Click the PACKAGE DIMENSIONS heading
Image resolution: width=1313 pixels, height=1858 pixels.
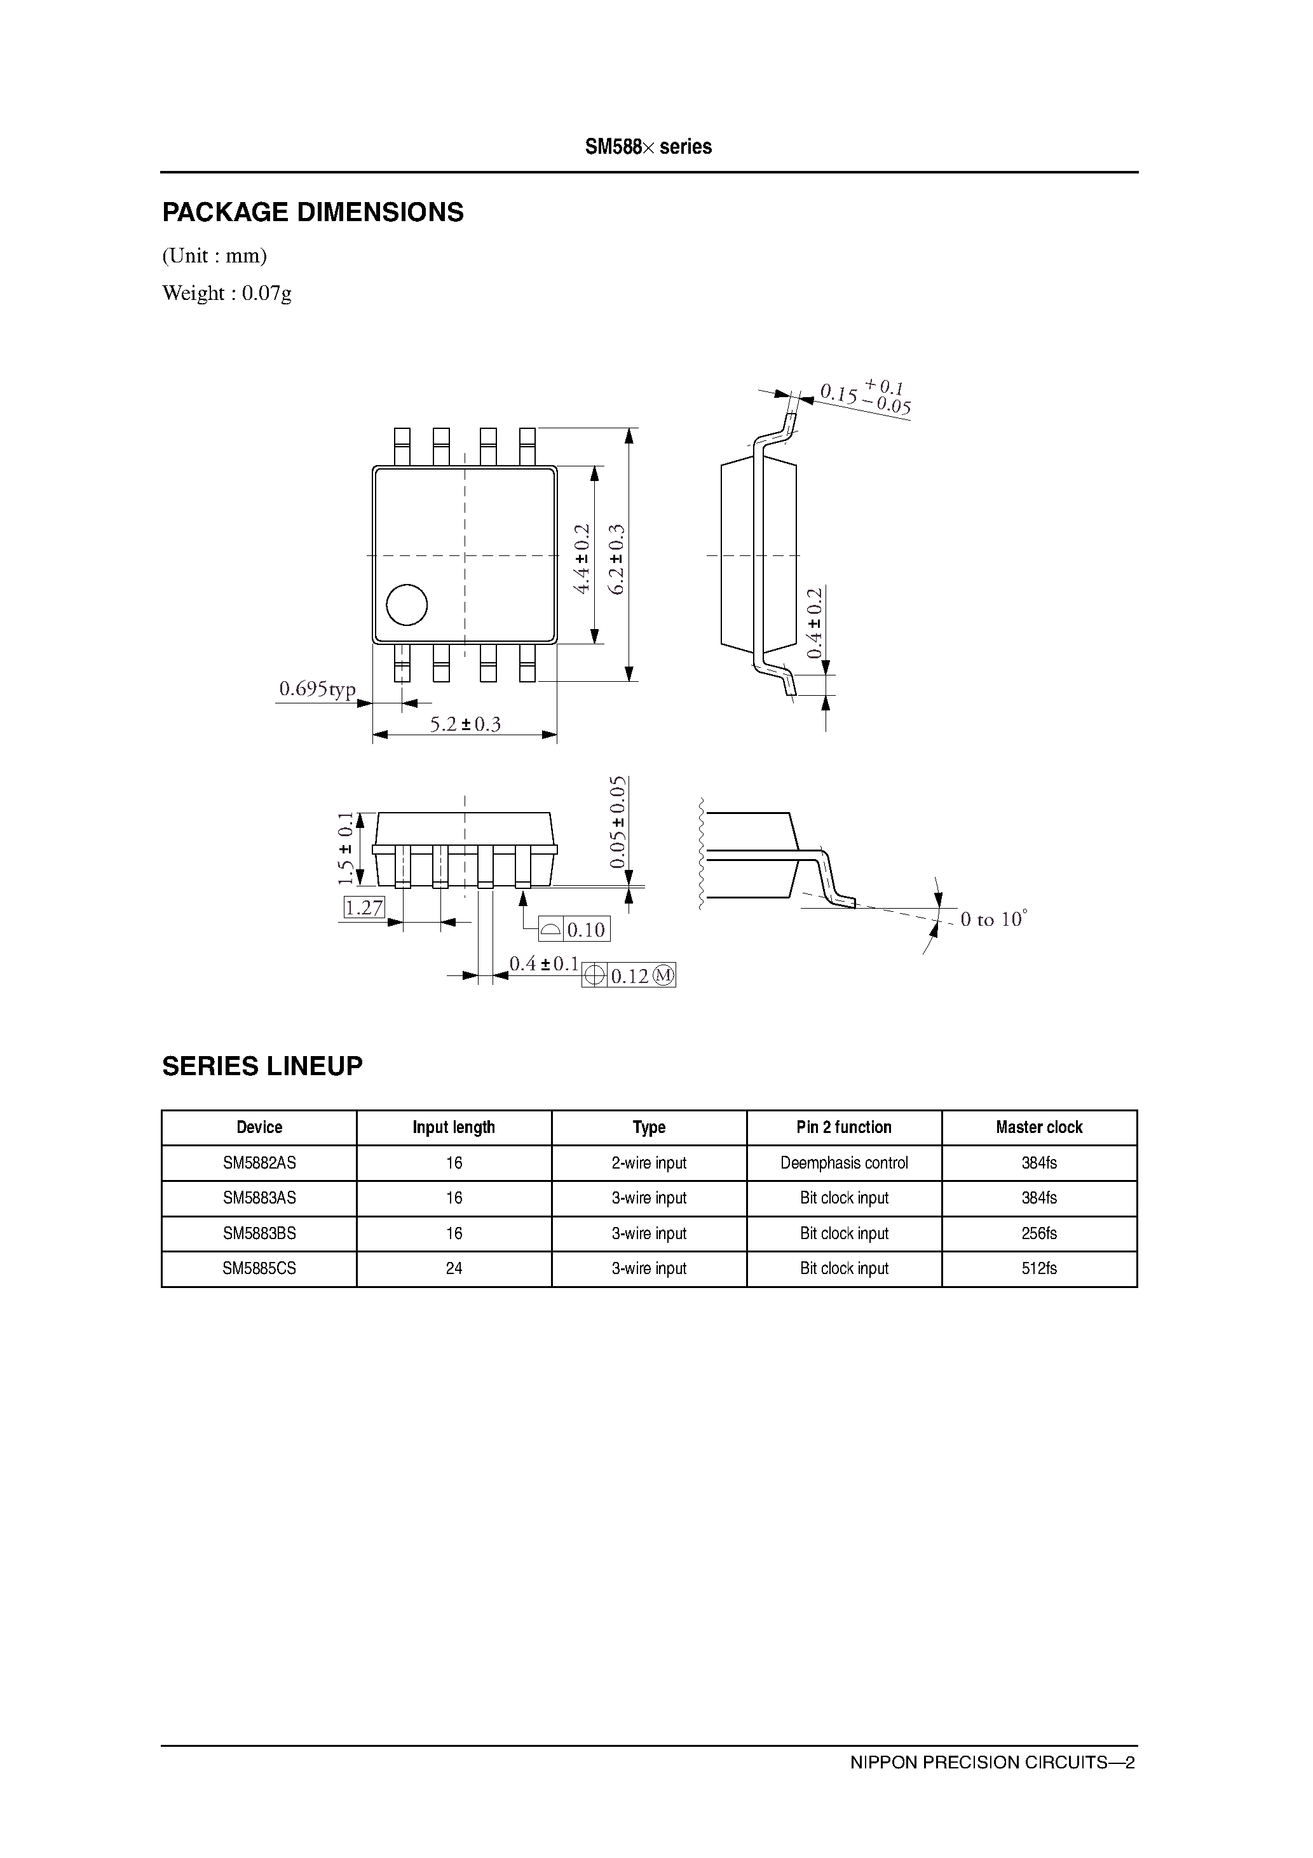pos(313,212)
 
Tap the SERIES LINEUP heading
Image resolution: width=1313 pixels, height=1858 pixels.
pos(262,1066)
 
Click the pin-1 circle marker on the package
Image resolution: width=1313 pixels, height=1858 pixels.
pos(406,604)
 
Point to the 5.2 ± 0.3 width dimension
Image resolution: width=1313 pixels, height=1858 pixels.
pos(465,724)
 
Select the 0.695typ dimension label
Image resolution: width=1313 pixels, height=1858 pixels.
pos(317,689)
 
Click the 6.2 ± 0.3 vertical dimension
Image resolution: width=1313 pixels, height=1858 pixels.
pos(617,559)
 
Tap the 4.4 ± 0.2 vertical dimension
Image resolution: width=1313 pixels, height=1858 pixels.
pos(582,559)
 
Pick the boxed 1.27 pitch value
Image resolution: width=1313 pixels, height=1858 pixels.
pos(364,907)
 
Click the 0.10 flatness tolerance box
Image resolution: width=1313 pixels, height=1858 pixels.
pos(585,930)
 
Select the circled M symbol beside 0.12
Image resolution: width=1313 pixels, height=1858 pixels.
pos(663,976)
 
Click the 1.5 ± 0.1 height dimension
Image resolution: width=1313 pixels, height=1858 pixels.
pos(346,848)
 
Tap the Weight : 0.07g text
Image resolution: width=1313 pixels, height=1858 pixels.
pos(227,293)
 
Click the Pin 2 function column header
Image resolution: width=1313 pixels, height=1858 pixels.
pos(843,1127)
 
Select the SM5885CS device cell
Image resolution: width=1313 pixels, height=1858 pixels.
pos(259,1269)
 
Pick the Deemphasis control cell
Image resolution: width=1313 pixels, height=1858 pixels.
pos(843,1163)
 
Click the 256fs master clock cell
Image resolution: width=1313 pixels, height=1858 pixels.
pos(1038,1233)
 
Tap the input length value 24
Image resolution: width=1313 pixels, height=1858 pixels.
pos(454,1269)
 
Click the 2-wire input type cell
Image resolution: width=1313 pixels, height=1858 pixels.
pos(648,1163)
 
